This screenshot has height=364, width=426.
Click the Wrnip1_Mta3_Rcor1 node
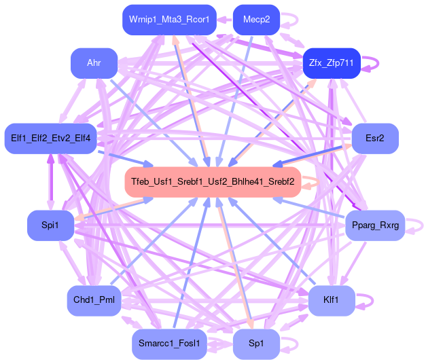[x=169, y=20]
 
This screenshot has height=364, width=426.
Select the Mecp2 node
[x=256, y=20]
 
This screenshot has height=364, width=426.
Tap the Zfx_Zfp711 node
[x=332, y=63]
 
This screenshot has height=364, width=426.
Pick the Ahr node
[x=94, y=63]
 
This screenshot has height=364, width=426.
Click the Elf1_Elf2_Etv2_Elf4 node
[x=51, y=139]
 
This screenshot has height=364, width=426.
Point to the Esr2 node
[x=374, y=139]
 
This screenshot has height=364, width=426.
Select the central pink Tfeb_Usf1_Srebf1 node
[x=213, y=182]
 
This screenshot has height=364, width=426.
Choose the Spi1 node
[x=49, y=225]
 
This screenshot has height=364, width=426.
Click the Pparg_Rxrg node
[x=375, y=225]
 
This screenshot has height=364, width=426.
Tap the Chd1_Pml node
[x=93, y=300]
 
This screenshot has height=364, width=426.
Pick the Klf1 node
[x=332, y=300]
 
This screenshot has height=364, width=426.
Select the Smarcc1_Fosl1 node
[x=168, y=344]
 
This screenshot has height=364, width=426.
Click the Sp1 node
[x=256, y=344]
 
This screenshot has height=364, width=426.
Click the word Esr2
[x=374, y=139]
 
